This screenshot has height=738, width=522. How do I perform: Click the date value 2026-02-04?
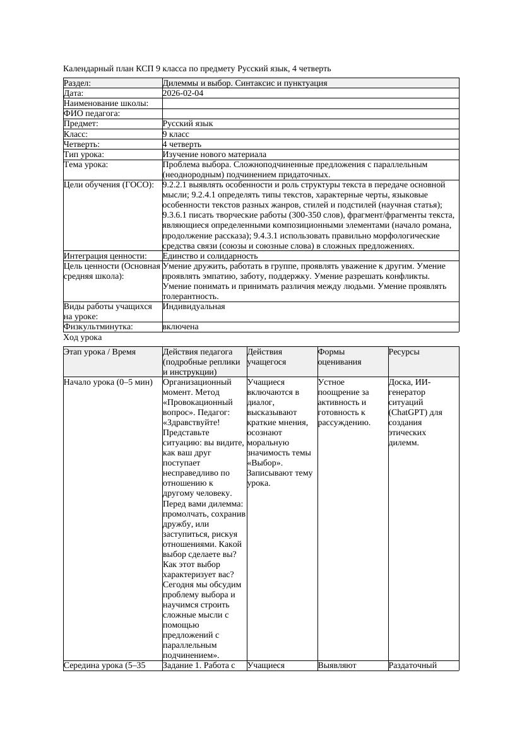(182, 93)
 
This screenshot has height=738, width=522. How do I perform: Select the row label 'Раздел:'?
(78, 83)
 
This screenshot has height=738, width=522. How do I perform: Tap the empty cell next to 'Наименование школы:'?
(310, 103)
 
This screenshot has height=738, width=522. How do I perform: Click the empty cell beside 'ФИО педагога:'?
(310, 114)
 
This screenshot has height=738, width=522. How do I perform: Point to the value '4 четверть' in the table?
(182, 144)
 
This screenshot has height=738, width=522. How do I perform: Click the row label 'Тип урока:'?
(84, 155)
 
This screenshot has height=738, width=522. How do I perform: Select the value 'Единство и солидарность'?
(210, 256)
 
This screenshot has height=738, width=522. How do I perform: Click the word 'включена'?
(181, 327)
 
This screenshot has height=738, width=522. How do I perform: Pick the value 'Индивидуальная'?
(193, 307)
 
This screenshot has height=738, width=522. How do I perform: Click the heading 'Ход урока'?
(82, 337)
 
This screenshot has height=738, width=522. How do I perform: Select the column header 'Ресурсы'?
(404, 352)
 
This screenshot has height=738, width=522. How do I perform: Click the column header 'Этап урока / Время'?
(100, 352)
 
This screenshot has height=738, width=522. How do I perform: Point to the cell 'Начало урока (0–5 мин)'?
(108, 382)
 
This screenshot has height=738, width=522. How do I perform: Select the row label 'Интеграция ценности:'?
(105, 256)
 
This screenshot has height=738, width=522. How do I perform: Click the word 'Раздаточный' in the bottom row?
(413, 665)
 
